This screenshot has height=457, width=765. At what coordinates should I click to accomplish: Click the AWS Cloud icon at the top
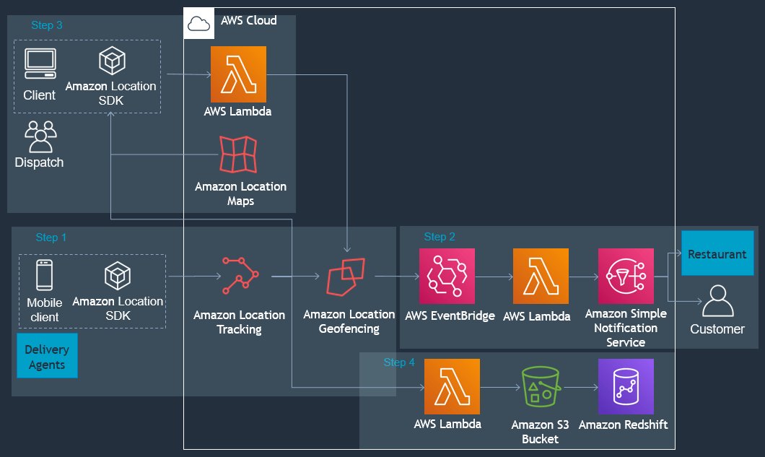point(198,23)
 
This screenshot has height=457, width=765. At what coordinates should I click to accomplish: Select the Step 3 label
point(47,25)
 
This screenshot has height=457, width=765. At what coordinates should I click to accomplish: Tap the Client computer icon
point(40,64)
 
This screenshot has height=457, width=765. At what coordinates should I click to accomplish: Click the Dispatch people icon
point(40,136)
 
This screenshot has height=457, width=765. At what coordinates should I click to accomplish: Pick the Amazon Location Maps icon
point(239,154)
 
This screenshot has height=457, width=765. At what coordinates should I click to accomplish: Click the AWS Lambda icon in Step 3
point(238,74)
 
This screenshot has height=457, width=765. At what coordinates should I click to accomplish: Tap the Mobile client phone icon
point(45,276)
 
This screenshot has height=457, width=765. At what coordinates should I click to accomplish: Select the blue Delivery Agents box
point(47,356)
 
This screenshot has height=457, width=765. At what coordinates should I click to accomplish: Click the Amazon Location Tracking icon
point(240,275)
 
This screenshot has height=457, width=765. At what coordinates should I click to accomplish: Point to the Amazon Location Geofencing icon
point(346,277)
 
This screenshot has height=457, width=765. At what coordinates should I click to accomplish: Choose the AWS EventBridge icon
point(447,276)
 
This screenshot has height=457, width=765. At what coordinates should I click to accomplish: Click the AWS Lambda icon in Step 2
point(541,276)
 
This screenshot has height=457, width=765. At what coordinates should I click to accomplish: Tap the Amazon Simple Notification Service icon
point(626,276)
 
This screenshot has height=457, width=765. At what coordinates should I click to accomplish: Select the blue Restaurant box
point(717,254)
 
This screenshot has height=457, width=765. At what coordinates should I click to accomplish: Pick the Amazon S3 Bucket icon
point(540,388)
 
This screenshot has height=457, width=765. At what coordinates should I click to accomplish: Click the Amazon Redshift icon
point(625,386)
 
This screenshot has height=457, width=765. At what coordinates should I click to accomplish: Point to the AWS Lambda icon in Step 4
point(452,387)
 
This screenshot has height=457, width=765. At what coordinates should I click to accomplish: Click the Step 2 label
point(440,237)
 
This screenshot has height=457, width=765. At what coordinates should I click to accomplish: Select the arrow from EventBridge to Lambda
point(494,277)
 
